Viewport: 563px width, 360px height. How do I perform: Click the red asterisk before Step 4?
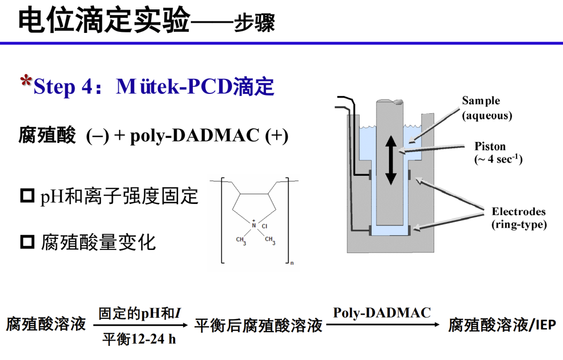click(26, 81)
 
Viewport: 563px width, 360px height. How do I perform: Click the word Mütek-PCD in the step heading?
click(174, 87)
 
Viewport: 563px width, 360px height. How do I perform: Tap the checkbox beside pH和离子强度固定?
click(27, 196)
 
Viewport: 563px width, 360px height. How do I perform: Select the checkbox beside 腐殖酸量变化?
click(27, 242)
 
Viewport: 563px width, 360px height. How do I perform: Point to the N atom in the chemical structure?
click(254, 225)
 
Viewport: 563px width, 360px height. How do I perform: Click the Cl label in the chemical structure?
click(265, 226)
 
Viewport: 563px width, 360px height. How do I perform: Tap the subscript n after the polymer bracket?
click(292, 263)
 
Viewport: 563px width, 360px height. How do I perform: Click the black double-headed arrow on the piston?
click(390, 161)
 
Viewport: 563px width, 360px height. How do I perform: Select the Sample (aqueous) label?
click(487, 108)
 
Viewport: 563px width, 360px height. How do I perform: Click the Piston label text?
click(489, 146)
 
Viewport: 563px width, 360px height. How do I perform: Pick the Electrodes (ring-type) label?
click(519, 218)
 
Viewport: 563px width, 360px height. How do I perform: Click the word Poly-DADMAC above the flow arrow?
click(382, 313)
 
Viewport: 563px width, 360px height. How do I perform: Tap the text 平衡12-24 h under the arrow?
click(139, 339)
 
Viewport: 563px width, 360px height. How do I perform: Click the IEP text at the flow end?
click(546, 325)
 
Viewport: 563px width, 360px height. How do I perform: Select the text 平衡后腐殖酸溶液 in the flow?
click(258, 326)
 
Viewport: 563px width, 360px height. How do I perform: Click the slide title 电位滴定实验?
click(104, 20)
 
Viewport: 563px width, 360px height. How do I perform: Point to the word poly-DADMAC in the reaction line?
click(194, 136)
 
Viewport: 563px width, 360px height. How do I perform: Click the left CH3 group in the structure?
click(241, 241)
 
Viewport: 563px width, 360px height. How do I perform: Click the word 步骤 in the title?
click(254, 22)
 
